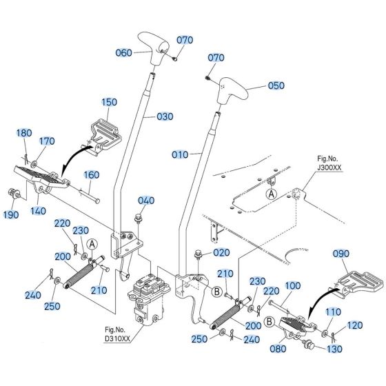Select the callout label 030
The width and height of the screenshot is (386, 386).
165,116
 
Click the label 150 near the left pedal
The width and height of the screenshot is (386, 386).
110,102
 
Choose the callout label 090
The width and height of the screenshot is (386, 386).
343,253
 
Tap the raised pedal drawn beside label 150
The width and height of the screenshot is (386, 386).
104,132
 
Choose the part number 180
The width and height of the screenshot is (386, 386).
23,133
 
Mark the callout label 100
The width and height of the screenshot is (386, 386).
292,285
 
